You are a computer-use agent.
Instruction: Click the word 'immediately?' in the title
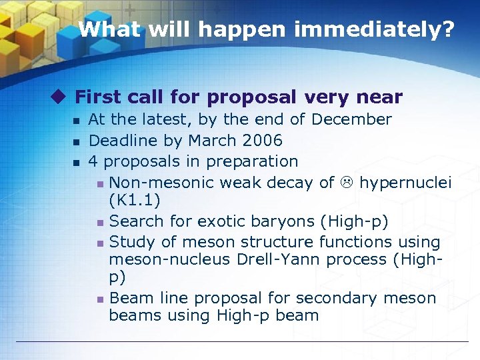381,29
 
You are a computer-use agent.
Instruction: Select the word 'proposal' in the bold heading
251,97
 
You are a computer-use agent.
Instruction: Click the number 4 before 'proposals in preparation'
93,161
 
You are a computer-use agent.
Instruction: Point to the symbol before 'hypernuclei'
347,183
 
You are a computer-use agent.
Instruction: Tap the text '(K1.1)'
134,200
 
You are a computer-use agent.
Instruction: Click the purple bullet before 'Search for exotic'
99,221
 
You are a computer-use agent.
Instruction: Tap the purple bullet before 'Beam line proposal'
99,299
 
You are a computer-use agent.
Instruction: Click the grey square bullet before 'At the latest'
77,121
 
